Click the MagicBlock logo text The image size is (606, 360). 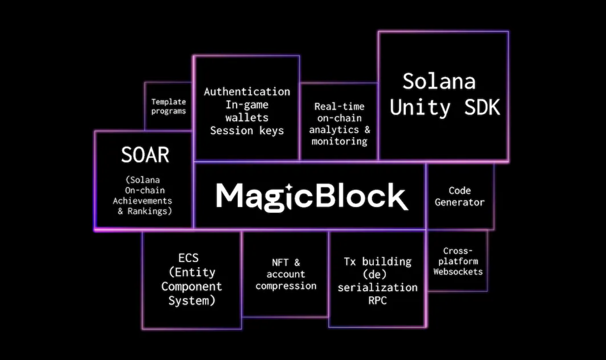click(x=312, y=197)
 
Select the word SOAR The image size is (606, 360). click(x=145, y=155)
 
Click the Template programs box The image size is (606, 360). click(x=168, y=106)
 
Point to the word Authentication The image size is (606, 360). click(x=247, y=92)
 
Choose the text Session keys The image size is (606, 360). click(x=247, y=131)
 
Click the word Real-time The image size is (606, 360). click(x=339, y=107)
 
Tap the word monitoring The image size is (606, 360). click(x=339, y=141)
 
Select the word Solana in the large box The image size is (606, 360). click(x=439, y=81)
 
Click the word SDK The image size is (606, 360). click(x=482, y=108)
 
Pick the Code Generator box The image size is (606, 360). click(x=460, y=196)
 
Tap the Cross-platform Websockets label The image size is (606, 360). click(x=458, y=261)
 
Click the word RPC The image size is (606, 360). click(x=377, y=300)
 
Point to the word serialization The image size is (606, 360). click(x=377, y=288)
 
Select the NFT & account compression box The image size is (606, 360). click(x=286, y=274)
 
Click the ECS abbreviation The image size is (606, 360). click(x=188, y=258)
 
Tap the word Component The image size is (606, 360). click(x=192, y=287)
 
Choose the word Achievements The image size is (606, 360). click(x=142, y=201)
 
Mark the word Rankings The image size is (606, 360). click(x=149, y=211)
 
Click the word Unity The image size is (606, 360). click(x=420, y=108)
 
